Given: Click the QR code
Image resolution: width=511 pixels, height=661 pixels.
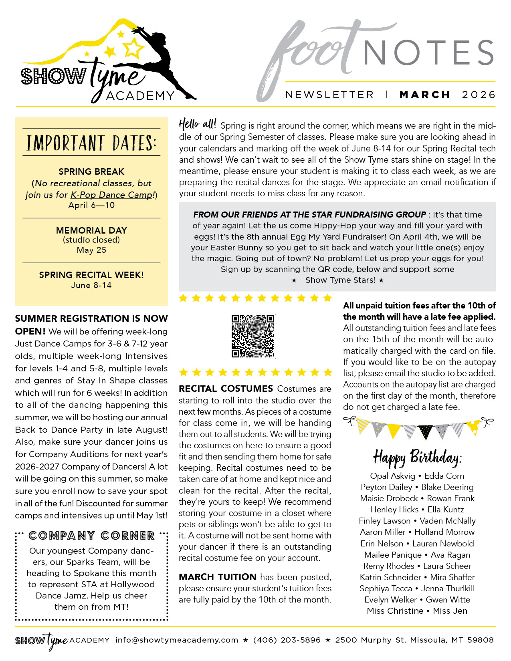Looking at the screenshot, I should (253, 336).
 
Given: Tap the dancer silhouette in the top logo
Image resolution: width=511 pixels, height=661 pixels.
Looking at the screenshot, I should (160, 60).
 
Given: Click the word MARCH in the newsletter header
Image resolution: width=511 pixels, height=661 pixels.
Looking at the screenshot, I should (425, 95).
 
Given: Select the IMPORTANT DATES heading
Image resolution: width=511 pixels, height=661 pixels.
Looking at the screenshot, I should (91, 143).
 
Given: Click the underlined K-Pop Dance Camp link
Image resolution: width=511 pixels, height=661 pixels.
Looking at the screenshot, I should (112, 195).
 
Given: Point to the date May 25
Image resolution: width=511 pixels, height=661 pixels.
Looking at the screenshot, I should (91, 250).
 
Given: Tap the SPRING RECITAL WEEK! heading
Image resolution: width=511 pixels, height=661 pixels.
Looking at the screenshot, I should (91, 275).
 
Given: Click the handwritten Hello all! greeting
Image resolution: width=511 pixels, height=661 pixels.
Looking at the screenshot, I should (197, 124).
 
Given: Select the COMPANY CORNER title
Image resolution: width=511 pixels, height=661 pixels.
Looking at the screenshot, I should (91, 536).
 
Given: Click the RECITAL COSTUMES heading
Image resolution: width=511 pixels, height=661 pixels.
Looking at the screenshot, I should (226, 389).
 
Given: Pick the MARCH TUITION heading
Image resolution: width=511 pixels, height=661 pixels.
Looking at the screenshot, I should (218, 577).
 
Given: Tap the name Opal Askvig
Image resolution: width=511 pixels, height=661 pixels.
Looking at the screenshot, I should (392, 476).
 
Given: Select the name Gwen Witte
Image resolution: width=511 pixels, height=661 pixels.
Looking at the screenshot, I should (448, 600).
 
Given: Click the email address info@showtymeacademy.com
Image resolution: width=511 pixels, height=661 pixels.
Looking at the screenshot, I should (177, 640).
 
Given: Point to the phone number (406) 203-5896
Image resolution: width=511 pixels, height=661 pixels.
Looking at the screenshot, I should (287, 640).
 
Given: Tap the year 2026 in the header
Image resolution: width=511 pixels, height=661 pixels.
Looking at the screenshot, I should (479, 95).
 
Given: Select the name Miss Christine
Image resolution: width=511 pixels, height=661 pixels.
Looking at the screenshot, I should (395, 611).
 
